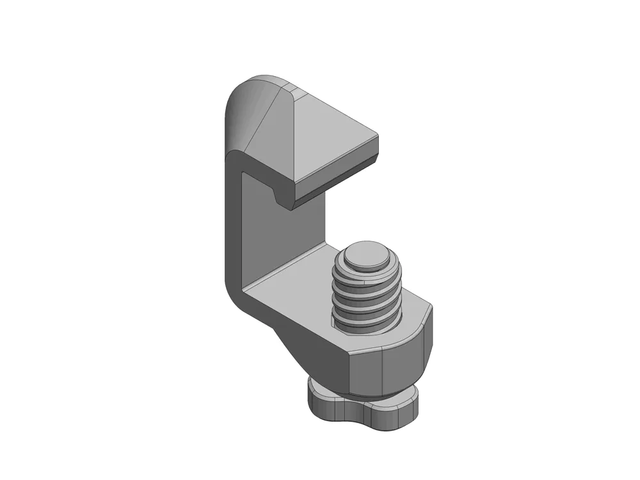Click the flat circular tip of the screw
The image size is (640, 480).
pyautogui.click(x=364, y=255)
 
